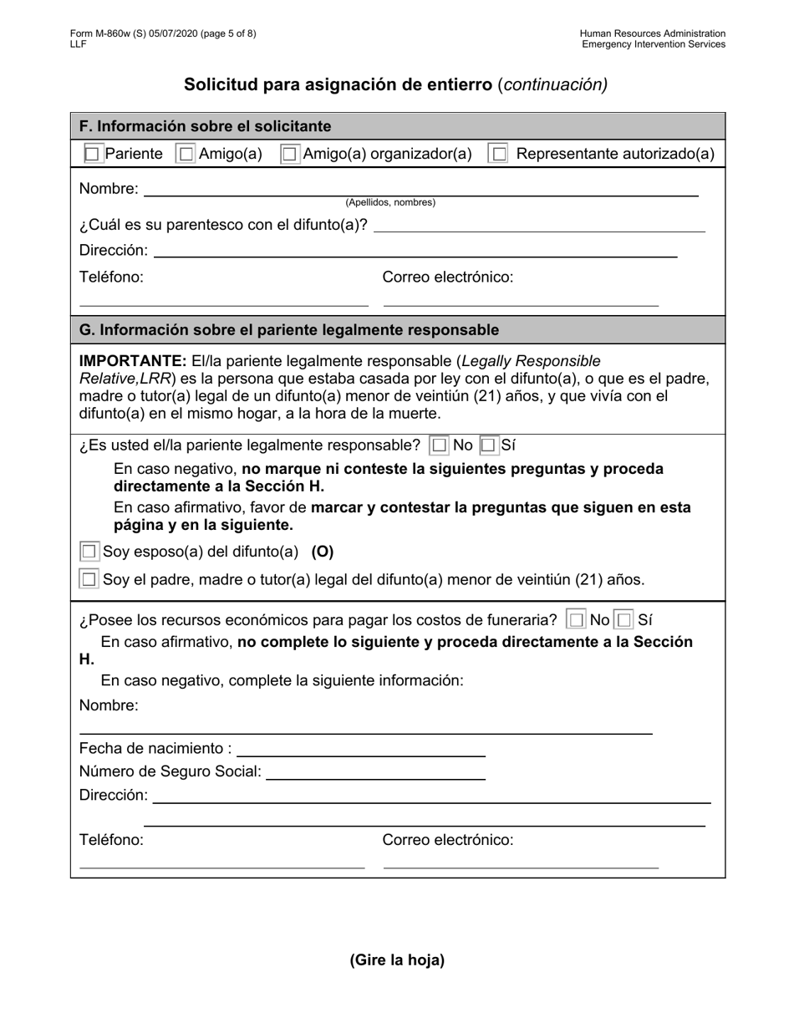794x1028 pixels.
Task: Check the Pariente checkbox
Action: point(93,154)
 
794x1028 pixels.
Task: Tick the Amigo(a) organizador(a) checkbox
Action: point(289,154)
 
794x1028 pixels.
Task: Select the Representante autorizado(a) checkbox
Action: point(498,154)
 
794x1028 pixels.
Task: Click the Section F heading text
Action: point(206,126)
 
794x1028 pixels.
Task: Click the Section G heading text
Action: point(289,330)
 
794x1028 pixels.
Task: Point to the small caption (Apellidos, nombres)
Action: point(390,203)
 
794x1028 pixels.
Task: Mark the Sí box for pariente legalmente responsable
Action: point(490,445)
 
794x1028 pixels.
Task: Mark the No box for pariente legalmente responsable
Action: point(440,445)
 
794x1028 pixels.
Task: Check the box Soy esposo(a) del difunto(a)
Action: point(89,552)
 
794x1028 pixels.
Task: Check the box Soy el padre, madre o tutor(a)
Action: point(89,579)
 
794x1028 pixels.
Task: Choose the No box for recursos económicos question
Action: point(576,620)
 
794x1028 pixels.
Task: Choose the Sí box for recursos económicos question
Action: point(624,620)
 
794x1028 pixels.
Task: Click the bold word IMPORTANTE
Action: point(132,361)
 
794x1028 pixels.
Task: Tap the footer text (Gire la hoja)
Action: point(397,959)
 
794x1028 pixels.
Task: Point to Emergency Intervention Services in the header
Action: point(654,44)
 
